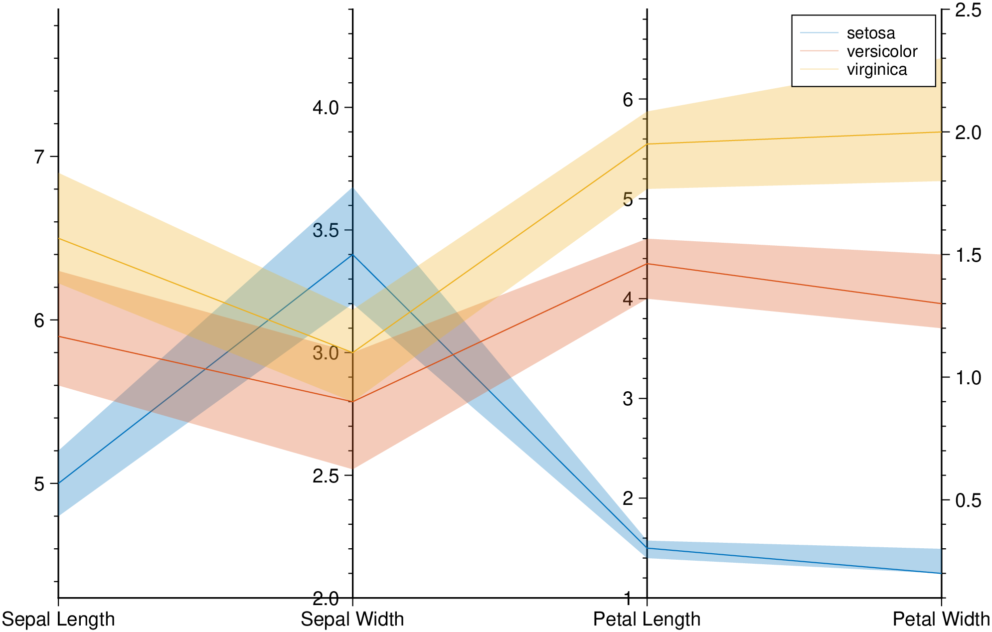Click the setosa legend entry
(870, 33)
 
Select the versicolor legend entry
(881, 51)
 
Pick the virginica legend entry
(876, 69)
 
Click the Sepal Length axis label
(58, 619)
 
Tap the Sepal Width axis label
(352, 619)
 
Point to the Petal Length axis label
(647, 619)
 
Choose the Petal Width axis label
(941, 619)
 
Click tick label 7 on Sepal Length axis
(39, 157)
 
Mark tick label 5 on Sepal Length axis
(39, 484)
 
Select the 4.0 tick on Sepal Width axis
(325, 108)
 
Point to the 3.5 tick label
(325, 231)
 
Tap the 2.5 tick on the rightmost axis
(968, 10)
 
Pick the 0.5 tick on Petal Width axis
(968, 500)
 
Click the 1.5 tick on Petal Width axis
(968, 255)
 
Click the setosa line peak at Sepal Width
(353, 255)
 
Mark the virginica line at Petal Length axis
(647, 144)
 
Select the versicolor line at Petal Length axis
(647, 264)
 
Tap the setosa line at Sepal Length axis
(59, 483)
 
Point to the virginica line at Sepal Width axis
(353, 353)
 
